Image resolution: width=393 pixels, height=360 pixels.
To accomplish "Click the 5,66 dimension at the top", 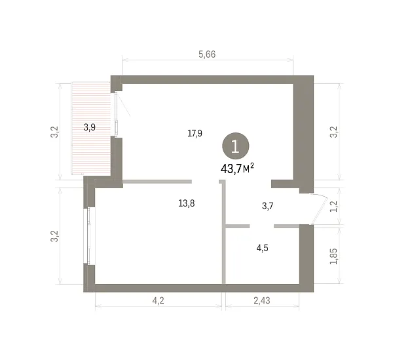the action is (207, 54).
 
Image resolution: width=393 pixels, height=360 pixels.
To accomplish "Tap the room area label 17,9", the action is (195, 133).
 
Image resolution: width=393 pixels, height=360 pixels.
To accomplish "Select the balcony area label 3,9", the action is (90, 127).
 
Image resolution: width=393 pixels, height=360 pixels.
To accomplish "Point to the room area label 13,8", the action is (187, 203).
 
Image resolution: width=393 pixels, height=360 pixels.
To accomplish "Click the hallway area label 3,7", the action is (267, 206).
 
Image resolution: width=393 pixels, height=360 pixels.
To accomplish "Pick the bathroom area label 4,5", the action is (262, 248).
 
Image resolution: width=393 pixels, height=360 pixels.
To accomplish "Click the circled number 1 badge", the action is (236, 146).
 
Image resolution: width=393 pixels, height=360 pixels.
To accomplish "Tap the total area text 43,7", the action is (231, 169).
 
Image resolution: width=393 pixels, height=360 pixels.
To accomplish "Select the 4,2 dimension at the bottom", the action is (158, 300).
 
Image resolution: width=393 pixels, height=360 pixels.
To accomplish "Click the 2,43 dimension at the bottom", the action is (262, 300).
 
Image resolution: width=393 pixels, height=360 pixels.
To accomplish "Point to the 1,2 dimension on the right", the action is (334, 206).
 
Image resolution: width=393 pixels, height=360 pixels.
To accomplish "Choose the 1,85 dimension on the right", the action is (334, 256).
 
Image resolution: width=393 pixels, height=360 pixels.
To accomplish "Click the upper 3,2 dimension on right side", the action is (334, 132).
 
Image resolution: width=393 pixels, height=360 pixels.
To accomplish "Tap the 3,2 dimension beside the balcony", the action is (54, 132).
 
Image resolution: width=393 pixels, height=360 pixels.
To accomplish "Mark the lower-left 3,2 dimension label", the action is (54, 236).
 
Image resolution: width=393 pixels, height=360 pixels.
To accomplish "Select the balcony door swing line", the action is (123, 105).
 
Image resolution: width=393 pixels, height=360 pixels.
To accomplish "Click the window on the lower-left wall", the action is (88, 236).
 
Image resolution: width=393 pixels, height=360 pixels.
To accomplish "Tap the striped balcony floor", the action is (91, 129).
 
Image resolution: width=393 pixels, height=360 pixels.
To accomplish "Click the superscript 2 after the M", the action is (252, 165).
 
